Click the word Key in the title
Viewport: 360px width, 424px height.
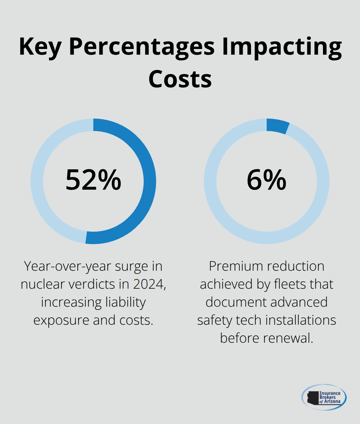(x=40, y=47)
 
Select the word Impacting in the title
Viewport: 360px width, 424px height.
(x=282, y=47)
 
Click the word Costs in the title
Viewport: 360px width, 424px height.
(x=180, y=79)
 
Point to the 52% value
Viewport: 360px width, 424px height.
(x=93, y=180)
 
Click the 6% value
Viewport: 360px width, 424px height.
(x=267, y=180)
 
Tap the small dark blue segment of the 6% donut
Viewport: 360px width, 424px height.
(x=277, y=126)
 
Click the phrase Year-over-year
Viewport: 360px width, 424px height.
(x=68, y=266)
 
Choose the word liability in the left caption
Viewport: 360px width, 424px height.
(x=124, y=302)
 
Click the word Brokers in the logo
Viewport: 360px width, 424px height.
(x=327, y=397)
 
